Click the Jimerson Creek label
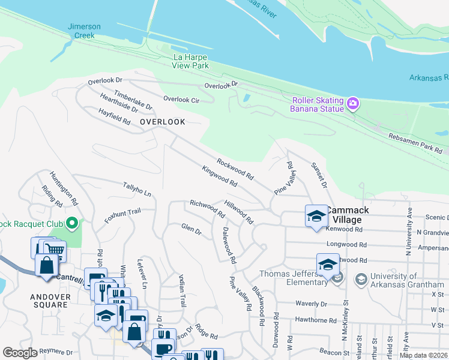[x=84, y=31]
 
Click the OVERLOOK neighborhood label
[x=162, y=122]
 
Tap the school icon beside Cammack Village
[x=316, y=217]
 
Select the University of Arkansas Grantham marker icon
[x=361, y=278]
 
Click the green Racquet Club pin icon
[x=71, y=224]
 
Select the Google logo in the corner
[x=20, y=353]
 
